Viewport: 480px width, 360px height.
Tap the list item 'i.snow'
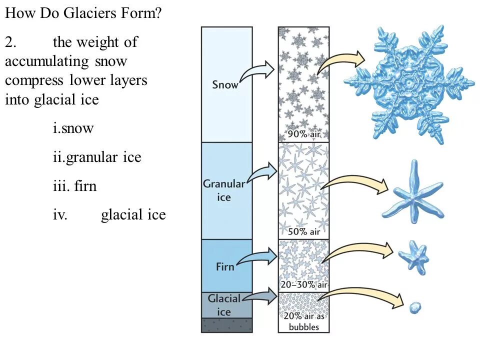73,128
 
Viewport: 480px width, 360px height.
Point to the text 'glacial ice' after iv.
133,215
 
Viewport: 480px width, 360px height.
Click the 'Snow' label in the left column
225,84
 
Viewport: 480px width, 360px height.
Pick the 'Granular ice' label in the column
224,190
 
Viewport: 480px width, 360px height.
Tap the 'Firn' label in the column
225,266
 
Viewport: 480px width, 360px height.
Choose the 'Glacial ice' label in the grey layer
224,305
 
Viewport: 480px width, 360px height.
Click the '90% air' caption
303,134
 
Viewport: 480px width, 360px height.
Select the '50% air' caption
303,231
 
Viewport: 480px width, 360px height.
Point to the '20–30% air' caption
303,284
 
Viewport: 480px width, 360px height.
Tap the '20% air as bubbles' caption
303,321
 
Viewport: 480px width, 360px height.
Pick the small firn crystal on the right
413,256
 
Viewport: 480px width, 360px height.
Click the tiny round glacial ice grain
415,307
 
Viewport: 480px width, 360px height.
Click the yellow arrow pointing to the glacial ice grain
360,295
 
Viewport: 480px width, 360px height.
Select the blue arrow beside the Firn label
256,257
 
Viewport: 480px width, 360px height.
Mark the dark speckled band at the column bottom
226,325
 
